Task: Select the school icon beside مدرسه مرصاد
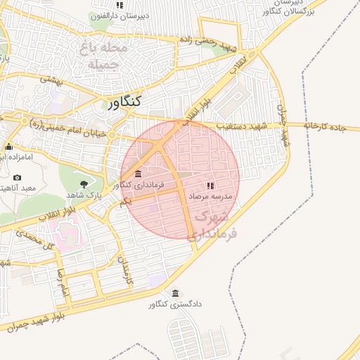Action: pyautogui.click(x=210, y=186)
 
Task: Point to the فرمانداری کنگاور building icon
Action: pyautogui.click(x=137, y=174)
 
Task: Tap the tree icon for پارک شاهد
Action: pyautogui.click(x=84, y=184)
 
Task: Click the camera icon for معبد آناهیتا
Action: pyautogui.click(x=18, y=178)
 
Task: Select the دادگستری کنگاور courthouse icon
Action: pyautogui.click(x=175, y=293)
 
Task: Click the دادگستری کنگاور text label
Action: pyautogui.click(x=175, y=305)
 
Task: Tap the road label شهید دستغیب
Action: pyautogui.click(x=243, y=125)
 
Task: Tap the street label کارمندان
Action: pyautogui.click(x=124, y=269)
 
